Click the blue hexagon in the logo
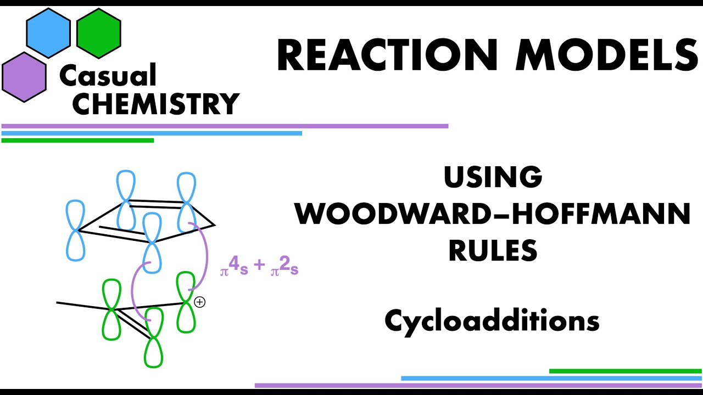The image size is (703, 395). (x=48, y=33)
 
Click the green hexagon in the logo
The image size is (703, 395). (x=98, y=33)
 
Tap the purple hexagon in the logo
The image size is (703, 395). (x=24, y=77)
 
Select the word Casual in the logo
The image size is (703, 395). (x=108, y=75)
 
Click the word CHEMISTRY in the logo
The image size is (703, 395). (x=156, y=104)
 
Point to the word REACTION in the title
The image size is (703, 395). (x=387, y=55)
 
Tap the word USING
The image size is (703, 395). (x=493, y=177)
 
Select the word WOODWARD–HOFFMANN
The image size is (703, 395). (x=493, y=213)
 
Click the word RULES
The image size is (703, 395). (x=493, y=251)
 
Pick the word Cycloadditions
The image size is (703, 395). (x=492, y=321)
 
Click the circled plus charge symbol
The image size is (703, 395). (x=199, y=302)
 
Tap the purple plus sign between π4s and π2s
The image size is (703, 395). (x=259, y=265)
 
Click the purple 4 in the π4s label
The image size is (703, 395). (x=235, y=264)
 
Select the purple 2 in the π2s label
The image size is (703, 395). (x=284, y=265)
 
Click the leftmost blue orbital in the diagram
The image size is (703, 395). (x=75, y=230)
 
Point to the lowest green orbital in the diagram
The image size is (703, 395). (x=153, y=337)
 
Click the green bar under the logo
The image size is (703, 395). (x=77, y=140)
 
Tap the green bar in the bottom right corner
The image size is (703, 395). (x=626, y=371)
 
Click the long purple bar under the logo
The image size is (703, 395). (x=225, y=126)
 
